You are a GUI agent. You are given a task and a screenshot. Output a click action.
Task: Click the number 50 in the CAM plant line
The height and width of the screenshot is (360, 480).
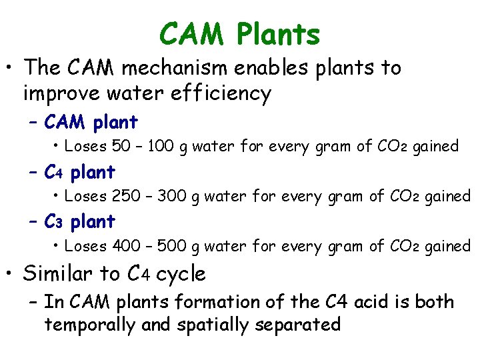[122, 146]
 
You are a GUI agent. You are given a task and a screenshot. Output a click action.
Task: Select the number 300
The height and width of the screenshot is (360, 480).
[171, 196]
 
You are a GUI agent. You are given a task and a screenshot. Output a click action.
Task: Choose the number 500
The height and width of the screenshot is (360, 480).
[171, 246]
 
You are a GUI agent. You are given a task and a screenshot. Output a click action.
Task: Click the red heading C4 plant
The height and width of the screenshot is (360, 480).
[79, 172]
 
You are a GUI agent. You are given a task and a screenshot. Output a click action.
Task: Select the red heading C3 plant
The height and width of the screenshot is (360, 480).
[79, 221]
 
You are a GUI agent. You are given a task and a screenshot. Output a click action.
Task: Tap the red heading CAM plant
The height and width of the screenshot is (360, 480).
[91, 123]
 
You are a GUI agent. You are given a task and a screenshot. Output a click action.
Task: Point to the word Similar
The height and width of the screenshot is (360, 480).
[62, 273]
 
